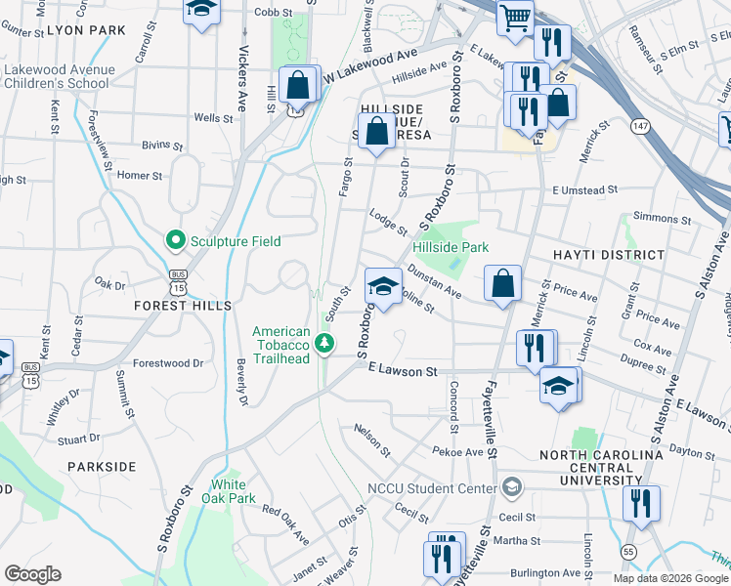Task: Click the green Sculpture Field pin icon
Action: pyautogui.click(x=176, y=240)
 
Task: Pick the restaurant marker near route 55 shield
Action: pyautogui.click(x=641, y=504)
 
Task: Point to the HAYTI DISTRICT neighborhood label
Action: pyautogui.click(x=608, y=255)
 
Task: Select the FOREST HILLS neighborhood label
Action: pyautogui.click(x=184, y=306)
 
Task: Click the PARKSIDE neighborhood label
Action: pyautogui.click(x=102, y=467)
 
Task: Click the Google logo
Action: pyautogui.click(x=32, y=574)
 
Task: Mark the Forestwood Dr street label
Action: pyautogui.click(x=168, y=362)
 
